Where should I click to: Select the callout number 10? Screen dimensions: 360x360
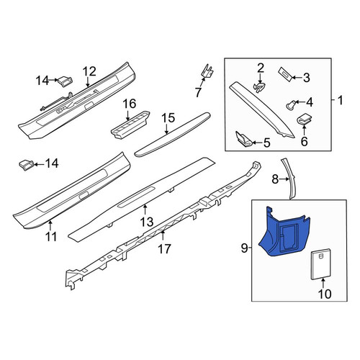click(325, 294)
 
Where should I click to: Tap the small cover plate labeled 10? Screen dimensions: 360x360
click(321, 264)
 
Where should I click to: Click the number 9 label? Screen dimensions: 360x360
click(244, 248)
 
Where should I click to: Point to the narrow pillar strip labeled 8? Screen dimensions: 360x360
click(289, 179)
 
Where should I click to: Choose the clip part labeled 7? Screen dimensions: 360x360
click(207, 71)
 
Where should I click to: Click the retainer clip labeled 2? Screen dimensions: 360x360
click(260, 87)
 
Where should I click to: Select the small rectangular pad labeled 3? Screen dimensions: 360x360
click(286, 74)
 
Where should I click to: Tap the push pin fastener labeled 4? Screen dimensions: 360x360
click(291, 105)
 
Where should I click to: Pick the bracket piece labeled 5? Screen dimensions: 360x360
click(243, 139)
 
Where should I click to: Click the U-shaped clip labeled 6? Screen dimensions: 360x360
click(305, 119)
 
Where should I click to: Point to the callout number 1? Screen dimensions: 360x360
click(341, 100)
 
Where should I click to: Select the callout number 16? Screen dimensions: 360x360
click(130, 104)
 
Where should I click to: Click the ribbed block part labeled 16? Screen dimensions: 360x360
click(130, 125)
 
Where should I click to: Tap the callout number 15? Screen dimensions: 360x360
click(168, 118)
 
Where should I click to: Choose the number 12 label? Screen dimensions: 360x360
click(90, 71)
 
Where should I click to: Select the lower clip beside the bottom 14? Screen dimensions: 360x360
click(26, 165)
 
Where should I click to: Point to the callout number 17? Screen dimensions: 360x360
click(165, 248)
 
